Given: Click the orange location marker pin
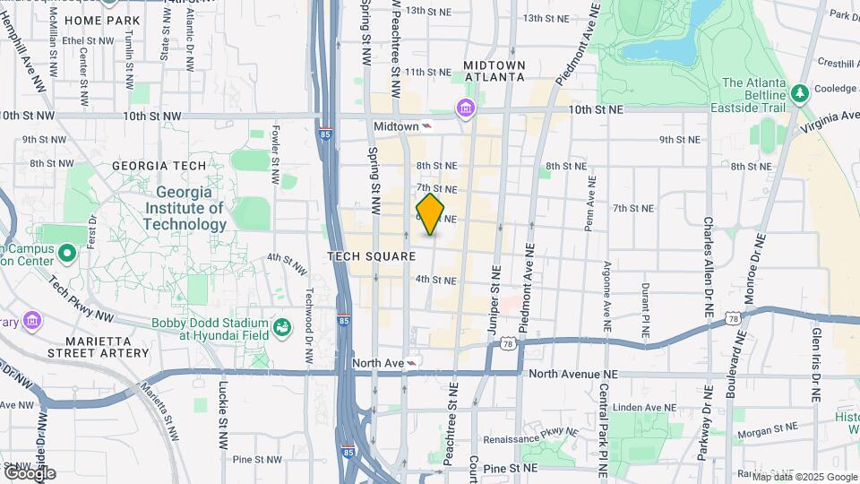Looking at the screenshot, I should (430, 214).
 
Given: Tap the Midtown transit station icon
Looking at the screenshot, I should (427, 126).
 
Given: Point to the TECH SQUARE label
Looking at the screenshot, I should (372, 256).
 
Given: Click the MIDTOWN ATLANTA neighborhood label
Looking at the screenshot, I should (494, 72).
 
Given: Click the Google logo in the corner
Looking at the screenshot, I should (29, 473).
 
